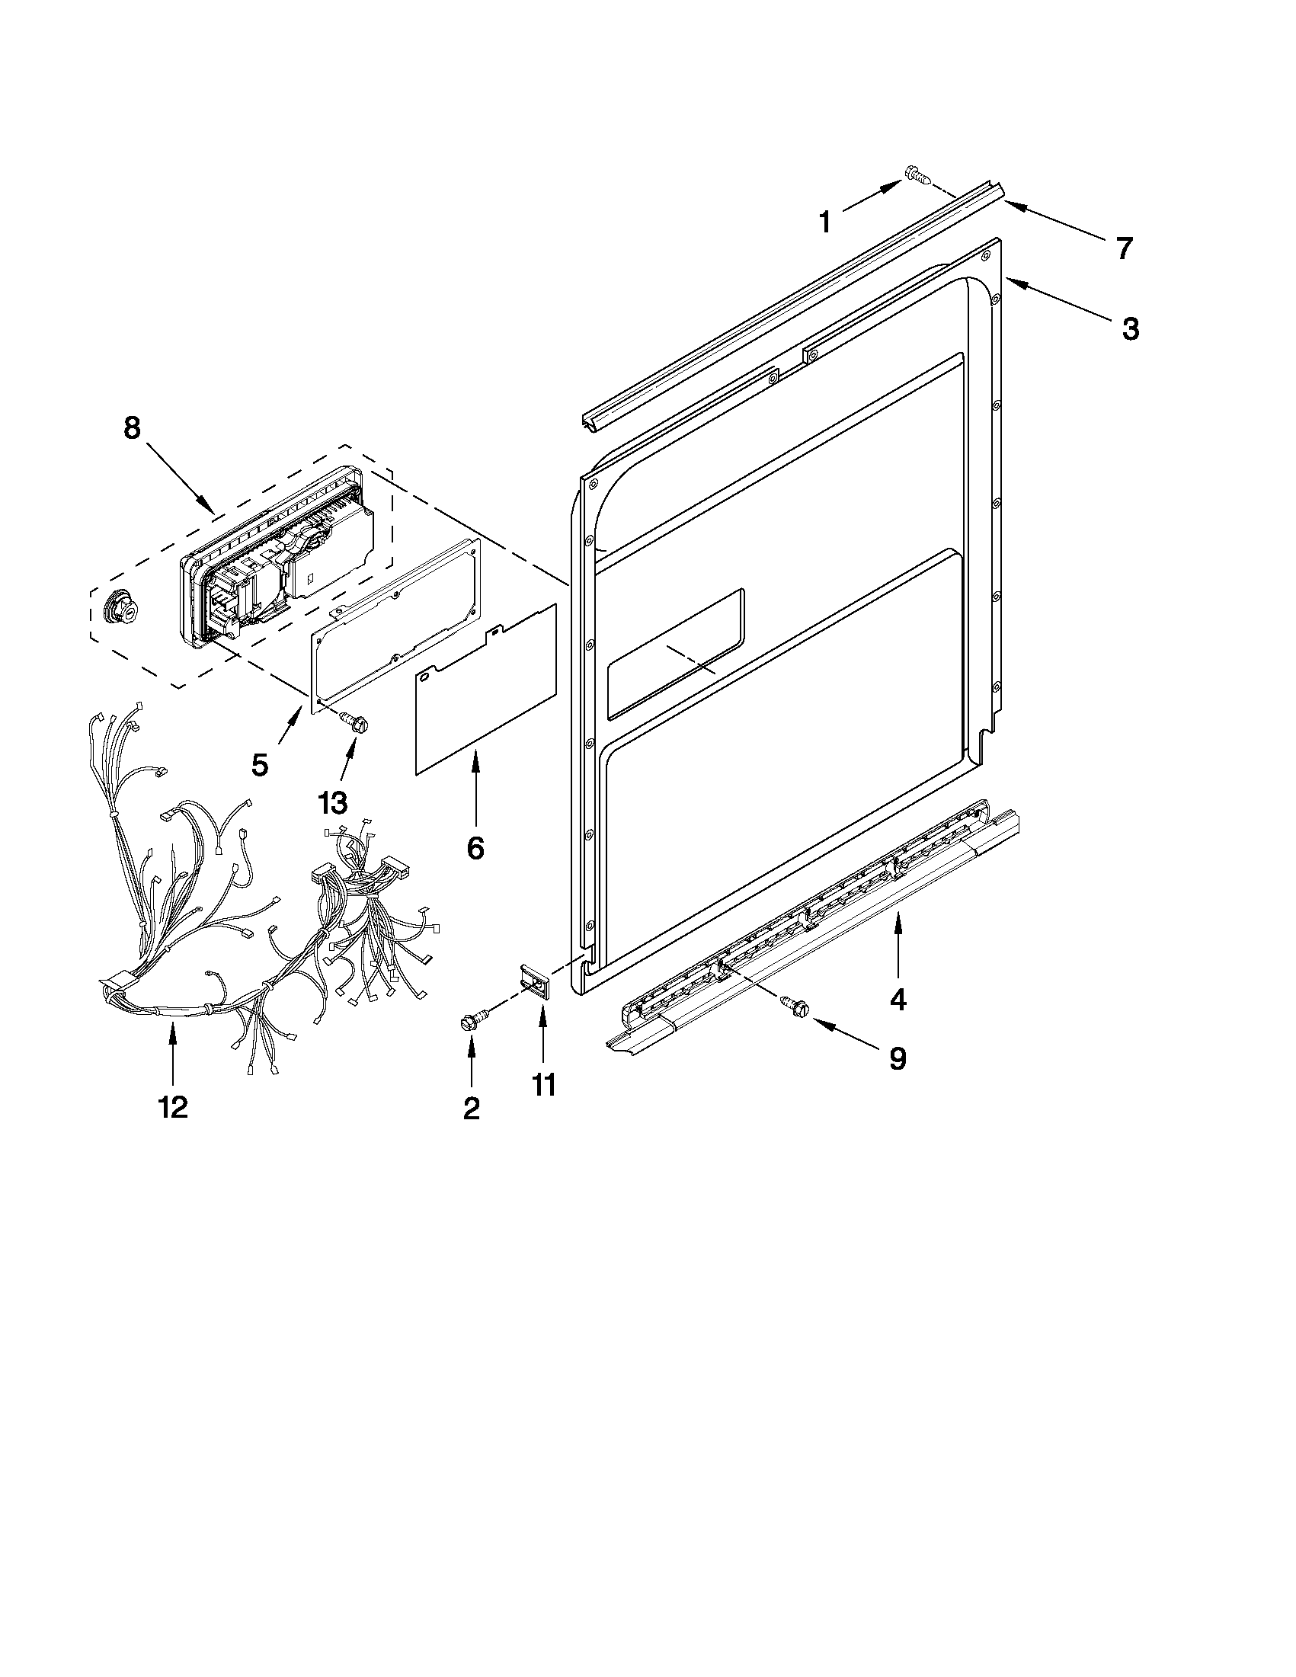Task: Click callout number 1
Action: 824,222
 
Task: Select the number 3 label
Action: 1130,328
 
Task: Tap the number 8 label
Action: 132,427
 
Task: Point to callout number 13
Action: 332,803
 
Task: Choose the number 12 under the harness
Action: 173,1106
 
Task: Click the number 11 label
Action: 543,1086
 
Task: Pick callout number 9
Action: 898,1059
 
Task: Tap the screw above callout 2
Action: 469,1022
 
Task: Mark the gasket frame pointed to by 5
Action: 395,622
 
